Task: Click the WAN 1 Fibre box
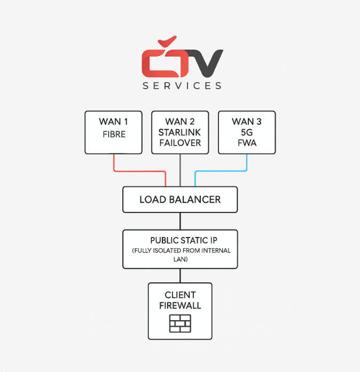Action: pos(114,132)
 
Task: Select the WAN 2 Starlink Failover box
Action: pos(180,132)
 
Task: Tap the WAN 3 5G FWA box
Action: pos(247,132)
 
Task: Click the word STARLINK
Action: pos(180,132)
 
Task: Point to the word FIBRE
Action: pos(114,134)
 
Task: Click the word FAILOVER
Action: pos(180,143)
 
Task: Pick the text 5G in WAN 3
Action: pos(247,132)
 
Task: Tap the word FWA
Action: pos(247,143)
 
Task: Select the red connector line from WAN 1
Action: pos(139,171)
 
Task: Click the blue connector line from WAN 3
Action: pos(221,171)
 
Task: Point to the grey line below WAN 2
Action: pos(180,170)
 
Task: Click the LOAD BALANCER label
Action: pos(180,200)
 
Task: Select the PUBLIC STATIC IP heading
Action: pos(184,240)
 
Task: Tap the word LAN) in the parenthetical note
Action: pos(181,259)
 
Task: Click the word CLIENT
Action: pos(180,295)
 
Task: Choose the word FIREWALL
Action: pos(180,306)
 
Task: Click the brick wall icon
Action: pos(180,323)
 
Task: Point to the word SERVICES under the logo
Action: pos(182,85)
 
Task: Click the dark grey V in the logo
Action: pos(206,64)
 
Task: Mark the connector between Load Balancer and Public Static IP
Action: pos(180,221)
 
